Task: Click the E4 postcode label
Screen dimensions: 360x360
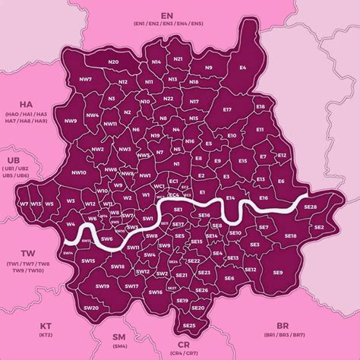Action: coord(243,68)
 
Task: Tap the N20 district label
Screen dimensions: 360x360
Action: coord(114,62)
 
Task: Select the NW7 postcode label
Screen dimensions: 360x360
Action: coord(85,79)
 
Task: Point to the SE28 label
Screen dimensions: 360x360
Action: coord(310,207)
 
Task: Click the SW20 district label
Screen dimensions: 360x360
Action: coord(91,308)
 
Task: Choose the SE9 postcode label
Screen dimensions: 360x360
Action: coord(278,273)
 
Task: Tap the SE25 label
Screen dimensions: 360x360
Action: coord(190,325)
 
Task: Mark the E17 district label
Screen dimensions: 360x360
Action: coord(226,110)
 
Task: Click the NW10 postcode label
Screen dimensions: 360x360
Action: coord(78,173)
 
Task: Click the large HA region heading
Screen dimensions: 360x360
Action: coord(26,104)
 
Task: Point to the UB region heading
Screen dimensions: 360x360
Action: coord(14,160)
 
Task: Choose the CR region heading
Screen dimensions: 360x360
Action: coord(185,344)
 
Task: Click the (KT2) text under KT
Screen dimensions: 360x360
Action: coord(46,335)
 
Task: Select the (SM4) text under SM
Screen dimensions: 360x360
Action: coord(119,346)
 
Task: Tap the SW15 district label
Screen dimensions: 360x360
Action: coord(88,261)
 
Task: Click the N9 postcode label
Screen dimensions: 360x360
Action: coord(209,68)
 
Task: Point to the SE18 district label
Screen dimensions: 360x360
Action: coord(290,237)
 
